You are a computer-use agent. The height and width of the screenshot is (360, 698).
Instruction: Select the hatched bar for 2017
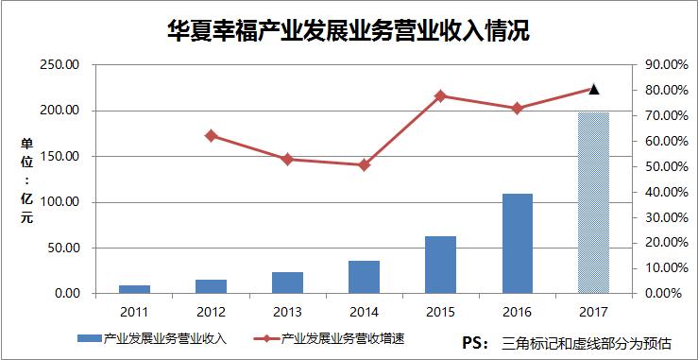coord(593,202)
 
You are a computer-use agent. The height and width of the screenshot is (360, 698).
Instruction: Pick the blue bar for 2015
coord(440,265)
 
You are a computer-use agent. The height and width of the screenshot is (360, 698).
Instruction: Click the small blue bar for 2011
coord(134,288)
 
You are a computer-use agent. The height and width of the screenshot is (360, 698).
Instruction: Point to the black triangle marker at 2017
coord(594,89)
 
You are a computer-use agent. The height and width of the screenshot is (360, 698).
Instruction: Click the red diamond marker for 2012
coord(211,136)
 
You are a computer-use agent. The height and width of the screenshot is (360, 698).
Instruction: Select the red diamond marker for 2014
coord(365,164)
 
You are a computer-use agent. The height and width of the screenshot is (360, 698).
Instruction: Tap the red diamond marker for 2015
coord(441,95)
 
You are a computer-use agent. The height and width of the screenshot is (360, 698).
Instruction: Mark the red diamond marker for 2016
coord(518,109)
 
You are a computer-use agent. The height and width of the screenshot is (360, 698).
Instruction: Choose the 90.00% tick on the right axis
coord(661,64)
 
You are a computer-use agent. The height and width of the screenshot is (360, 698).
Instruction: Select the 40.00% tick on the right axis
coord(661,192)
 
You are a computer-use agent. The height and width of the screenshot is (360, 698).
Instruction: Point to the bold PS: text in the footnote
coord(478,340)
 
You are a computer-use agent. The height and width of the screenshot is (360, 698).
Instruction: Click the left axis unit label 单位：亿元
coord(27,180)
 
